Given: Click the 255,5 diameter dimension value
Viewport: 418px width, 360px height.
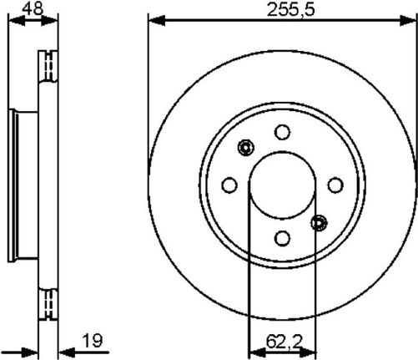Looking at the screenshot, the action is (290, 10).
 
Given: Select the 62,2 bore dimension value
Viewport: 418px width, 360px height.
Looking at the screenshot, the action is (284, 342).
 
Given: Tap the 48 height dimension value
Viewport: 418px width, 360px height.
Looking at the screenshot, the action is (33, 8).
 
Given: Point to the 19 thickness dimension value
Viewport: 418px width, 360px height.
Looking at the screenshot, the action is (93, 341).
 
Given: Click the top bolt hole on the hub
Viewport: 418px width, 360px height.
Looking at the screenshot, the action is (282, 132).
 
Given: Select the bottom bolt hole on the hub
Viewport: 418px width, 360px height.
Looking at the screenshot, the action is (282, 238).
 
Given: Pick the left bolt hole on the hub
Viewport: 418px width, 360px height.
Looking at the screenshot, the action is (229, 185).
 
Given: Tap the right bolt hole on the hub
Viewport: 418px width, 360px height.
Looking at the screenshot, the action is (335, 185).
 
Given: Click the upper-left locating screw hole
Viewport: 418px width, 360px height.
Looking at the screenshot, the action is (246, 147).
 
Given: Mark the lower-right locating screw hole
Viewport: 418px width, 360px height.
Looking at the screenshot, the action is (319, 223).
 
